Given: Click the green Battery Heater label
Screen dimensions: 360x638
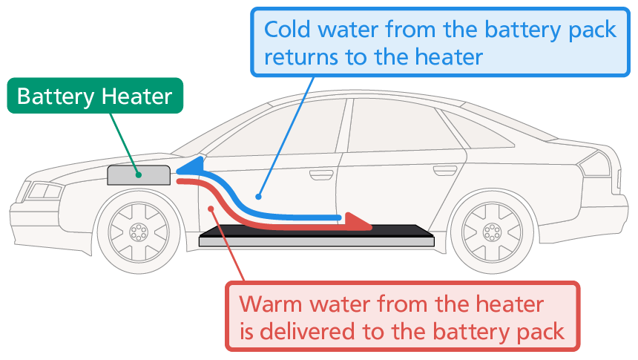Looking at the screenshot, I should coord(94,96).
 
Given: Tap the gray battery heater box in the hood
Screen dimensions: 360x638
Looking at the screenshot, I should coord(128,176).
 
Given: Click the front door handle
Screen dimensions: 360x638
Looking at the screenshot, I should coord(321,175).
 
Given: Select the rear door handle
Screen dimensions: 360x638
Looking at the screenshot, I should coord(445,171).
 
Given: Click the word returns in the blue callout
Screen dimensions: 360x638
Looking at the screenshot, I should coord(305,56).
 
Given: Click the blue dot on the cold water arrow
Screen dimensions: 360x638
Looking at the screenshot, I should coord(258,197).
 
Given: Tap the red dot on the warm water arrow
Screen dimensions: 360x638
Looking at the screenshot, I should coord(213,209).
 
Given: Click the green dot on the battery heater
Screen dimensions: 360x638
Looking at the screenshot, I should coord(139,176).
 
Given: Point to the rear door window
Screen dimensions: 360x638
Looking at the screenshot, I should coord(401,130).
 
